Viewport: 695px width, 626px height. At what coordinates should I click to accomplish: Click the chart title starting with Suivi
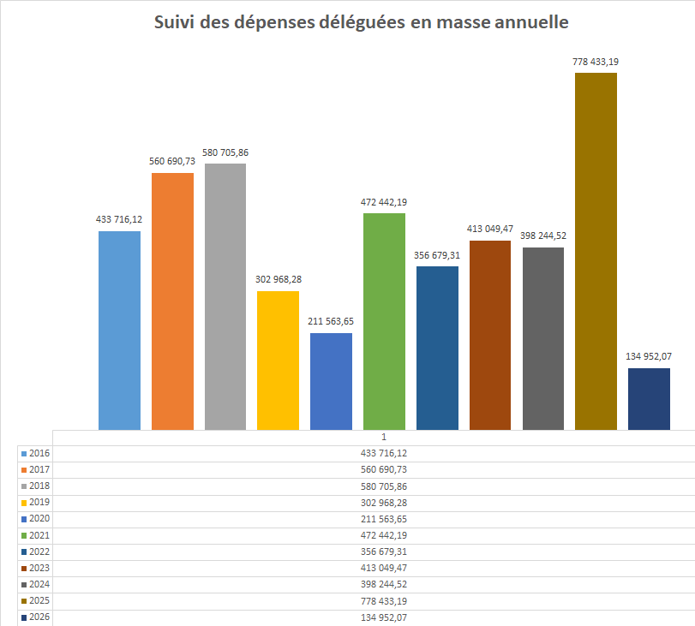pos(361,23)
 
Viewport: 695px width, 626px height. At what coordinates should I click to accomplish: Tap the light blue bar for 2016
pos(119,330)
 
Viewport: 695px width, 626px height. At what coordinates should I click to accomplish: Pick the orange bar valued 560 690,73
pos(172,301)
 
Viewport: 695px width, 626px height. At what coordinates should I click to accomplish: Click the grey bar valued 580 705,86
pos(225,295)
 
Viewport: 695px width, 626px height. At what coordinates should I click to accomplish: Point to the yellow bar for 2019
pos(278,360)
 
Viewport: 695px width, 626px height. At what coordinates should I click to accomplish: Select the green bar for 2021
pos(384,321)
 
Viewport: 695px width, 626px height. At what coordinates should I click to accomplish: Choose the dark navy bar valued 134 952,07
pos(649,398)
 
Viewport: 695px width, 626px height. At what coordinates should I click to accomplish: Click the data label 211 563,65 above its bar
pos(331,321)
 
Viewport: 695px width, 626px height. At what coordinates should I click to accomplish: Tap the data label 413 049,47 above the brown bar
pos(490,229)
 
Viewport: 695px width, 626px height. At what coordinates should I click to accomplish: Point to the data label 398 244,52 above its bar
pos(542,235)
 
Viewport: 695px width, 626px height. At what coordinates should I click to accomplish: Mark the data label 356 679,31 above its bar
pos(437,254)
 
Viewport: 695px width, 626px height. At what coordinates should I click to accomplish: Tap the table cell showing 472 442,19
pos(383,535)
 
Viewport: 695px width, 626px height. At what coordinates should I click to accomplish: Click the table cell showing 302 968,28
pos(383,503)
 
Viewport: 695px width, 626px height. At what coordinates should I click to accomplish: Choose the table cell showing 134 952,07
pos(383,617)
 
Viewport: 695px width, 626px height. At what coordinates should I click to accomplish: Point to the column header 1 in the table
pos(383,437)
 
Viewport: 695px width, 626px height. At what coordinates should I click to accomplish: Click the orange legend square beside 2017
pos(23,470)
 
